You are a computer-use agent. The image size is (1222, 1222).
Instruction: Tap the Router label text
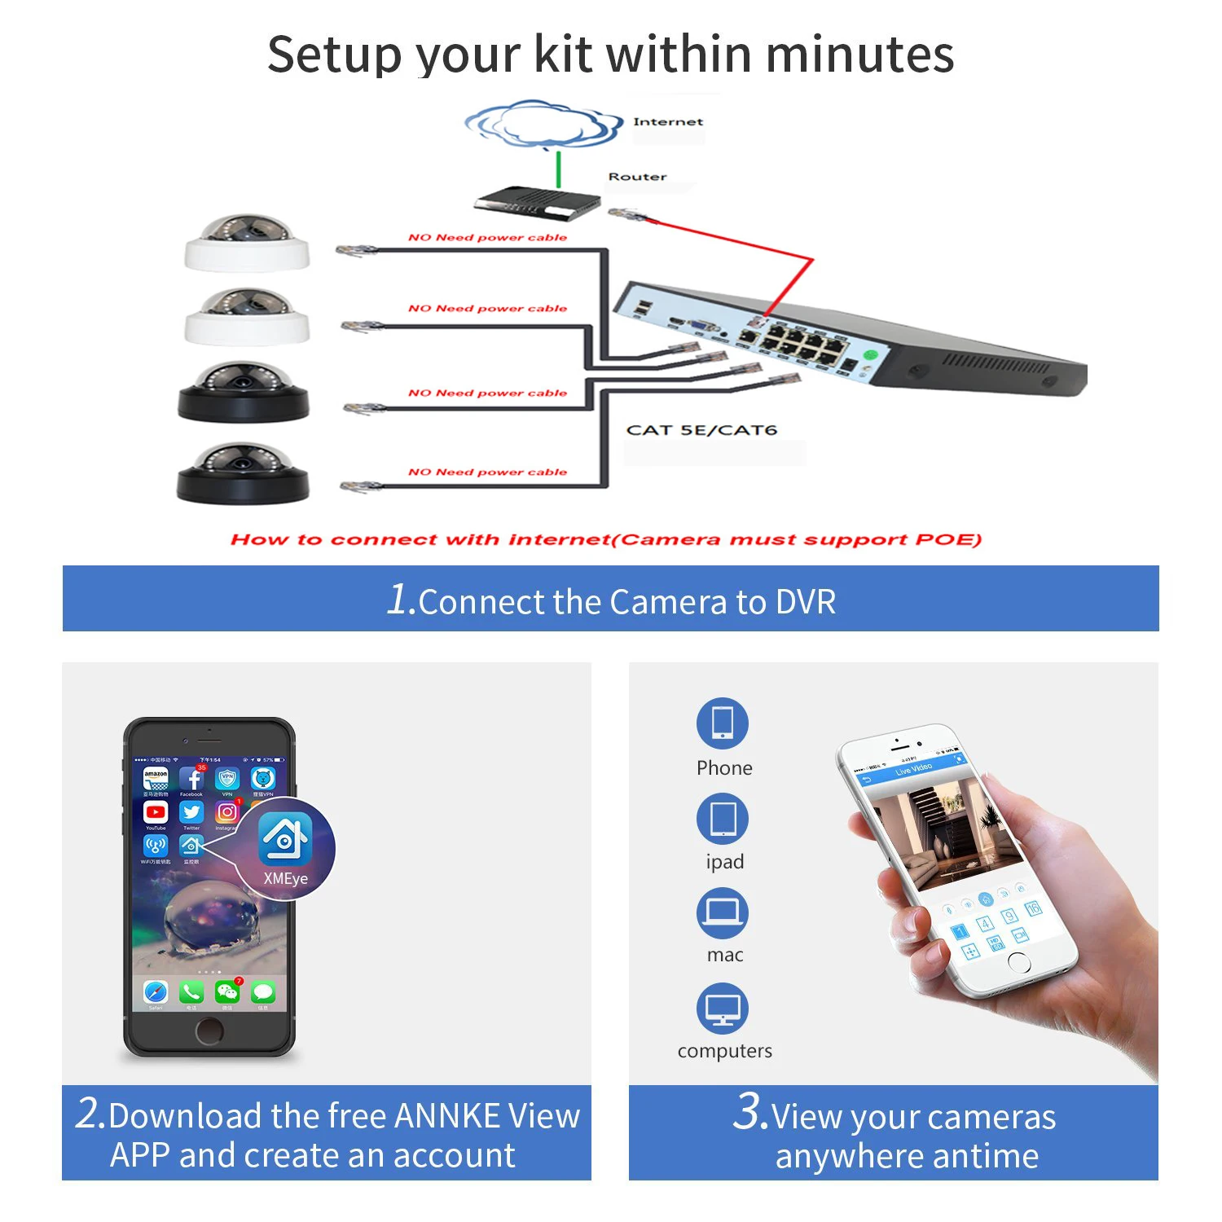(637, 177)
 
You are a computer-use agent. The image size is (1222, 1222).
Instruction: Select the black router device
(536, 203)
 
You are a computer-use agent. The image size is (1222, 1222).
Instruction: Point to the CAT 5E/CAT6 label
(701, 430)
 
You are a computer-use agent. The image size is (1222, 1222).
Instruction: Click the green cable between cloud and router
(559, 169)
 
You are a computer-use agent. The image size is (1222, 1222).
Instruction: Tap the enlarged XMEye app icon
(284, 838)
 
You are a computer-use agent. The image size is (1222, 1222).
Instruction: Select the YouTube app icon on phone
(156, 812)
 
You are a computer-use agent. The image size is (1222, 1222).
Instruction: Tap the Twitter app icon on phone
(191, 812)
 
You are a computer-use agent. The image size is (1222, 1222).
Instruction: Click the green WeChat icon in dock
(226, 991)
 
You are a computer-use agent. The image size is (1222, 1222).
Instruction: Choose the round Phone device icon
(722, 723)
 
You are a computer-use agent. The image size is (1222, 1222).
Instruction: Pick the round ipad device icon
(722, 819)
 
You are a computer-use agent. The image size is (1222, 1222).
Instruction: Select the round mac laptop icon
(722, 912)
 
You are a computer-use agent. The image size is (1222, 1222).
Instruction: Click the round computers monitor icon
(722, 1008)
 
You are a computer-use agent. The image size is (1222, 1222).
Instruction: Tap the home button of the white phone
(1019, 962)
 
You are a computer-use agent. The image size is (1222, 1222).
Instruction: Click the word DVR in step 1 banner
(806, 602)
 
